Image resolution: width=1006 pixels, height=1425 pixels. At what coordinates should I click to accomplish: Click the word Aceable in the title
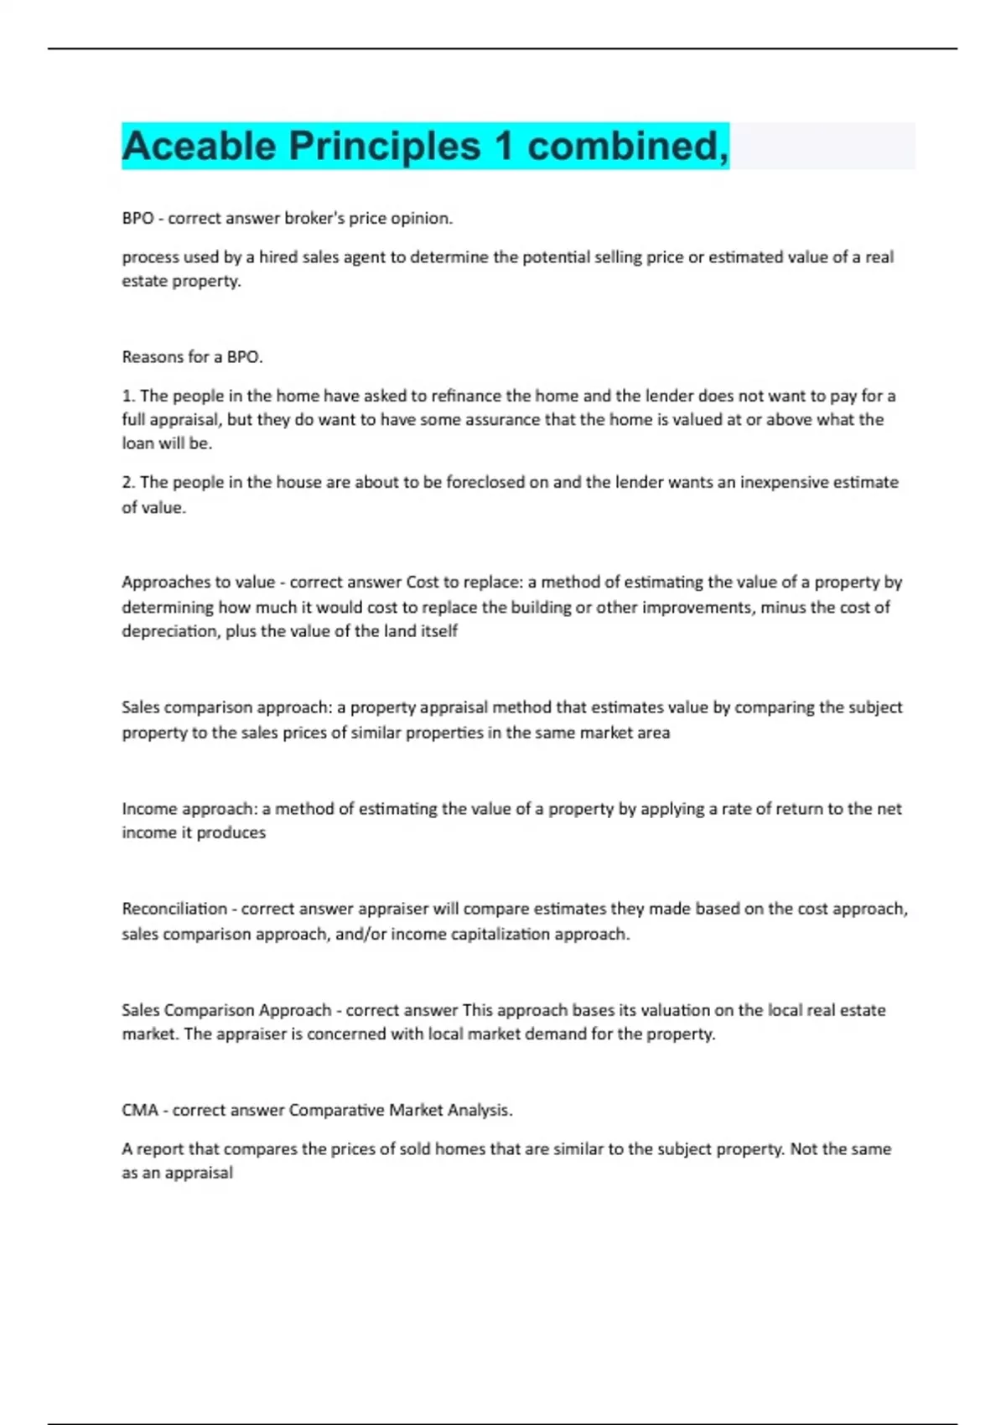[199, 146]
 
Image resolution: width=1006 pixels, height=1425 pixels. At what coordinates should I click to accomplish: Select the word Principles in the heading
[385, 146]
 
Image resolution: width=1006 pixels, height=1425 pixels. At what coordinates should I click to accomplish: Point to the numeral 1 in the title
[503, 146]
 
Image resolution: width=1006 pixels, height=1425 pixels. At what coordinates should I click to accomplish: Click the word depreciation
[171, 631]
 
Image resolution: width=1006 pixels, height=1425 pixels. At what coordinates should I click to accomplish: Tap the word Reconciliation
[174, 909]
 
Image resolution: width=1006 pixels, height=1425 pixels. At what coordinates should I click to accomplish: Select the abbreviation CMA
[139, 1111]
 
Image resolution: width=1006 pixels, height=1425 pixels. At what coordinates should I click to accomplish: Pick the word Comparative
[340, 1111]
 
